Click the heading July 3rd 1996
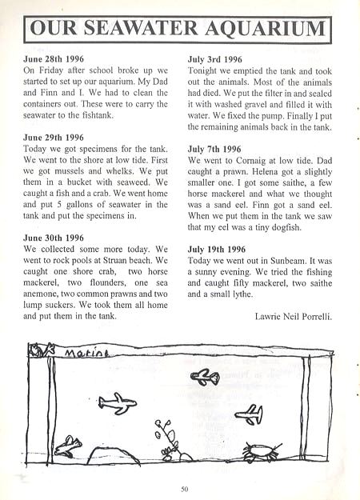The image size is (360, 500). pos(214,59)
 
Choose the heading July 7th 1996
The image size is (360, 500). pos(214,148)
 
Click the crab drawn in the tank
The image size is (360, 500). pos(260,452)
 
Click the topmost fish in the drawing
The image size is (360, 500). pos(206,376)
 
